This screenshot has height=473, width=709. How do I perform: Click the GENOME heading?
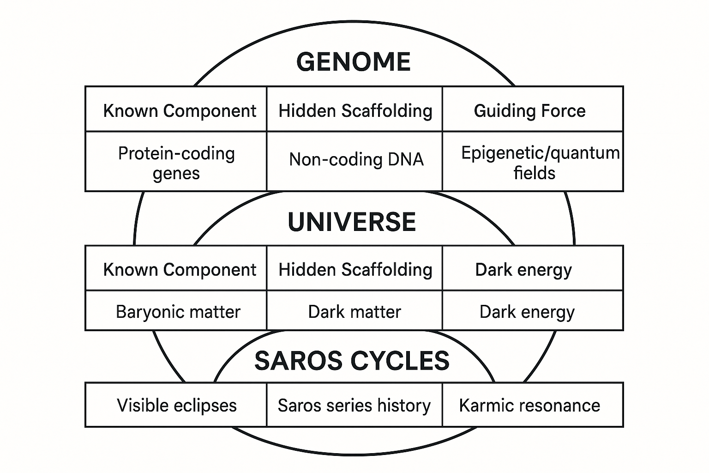pos(353,62)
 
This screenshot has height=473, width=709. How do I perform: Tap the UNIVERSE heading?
pos(352,222)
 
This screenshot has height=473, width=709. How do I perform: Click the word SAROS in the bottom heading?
pos(299,361)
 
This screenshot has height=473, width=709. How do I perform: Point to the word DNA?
pos(405,159)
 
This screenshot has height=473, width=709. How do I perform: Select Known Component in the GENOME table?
pos(180,111)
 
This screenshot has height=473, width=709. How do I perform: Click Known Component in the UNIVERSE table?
pos(180,270)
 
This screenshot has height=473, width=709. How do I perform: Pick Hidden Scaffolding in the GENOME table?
pos(355,111)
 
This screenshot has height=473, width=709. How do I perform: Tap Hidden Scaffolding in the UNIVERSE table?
pos(355,270)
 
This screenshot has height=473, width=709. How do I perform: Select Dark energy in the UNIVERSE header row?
pos(523,270)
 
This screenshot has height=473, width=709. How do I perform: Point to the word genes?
pos(176,174)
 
